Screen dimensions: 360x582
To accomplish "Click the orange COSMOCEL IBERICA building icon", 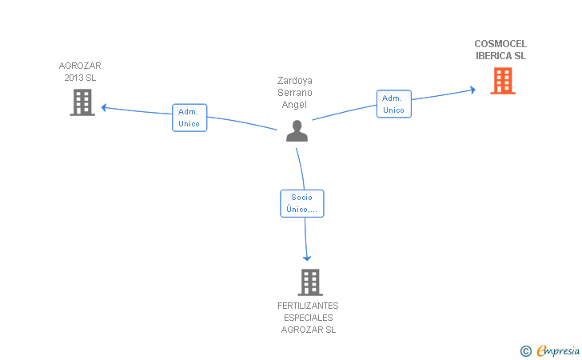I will pos(502,81).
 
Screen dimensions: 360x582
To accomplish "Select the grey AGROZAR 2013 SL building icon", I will pos(82,102).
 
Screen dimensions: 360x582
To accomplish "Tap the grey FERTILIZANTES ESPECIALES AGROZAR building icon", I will pos(309,282).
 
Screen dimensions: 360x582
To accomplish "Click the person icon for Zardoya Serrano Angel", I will pos(297,131).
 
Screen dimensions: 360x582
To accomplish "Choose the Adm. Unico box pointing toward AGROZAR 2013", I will pos(189,118).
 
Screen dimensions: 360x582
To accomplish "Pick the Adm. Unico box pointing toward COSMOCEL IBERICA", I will pos(393,104).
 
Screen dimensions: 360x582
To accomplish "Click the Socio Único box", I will pos(302,203).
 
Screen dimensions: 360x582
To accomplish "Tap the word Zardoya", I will pos(294,81).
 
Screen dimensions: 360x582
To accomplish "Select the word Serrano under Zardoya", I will pos(294,93).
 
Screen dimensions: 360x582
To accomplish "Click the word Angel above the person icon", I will pos(294,105).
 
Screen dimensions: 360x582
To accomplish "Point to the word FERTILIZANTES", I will pos(308,306).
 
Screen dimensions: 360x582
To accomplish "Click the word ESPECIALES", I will pos(308,318).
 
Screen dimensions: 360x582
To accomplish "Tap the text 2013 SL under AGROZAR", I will pos(80,78).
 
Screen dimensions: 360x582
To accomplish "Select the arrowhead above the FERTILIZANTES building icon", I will pos(306,258).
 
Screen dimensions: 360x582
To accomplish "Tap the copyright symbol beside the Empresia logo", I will pos(525,350).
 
